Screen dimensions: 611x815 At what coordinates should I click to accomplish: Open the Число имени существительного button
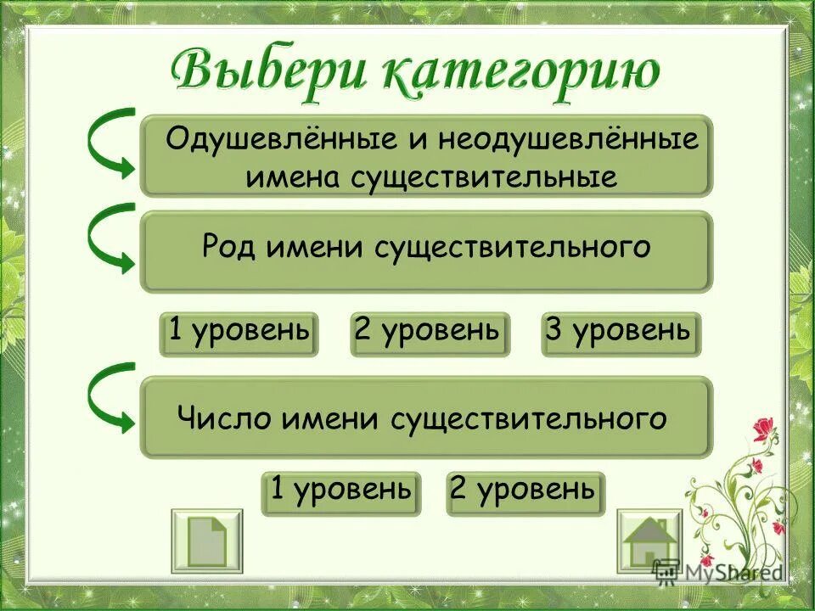(x=426, y=418)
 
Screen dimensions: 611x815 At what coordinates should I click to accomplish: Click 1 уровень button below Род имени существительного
(x=239, y=334)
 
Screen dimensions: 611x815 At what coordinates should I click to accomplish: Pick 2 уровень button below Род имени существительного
(x=430, y=334)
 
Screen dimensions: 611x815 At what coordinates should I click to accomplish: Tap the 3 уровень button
(x=621, y=334)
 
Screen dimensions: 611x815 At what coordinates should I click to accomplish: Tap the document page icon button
(x=206, y=541)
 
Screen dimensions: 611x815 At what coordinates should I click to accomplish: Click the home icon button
(x=649, y=541)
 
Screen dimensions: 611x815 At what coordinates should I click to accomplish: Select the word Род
(x=229, y=248)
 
